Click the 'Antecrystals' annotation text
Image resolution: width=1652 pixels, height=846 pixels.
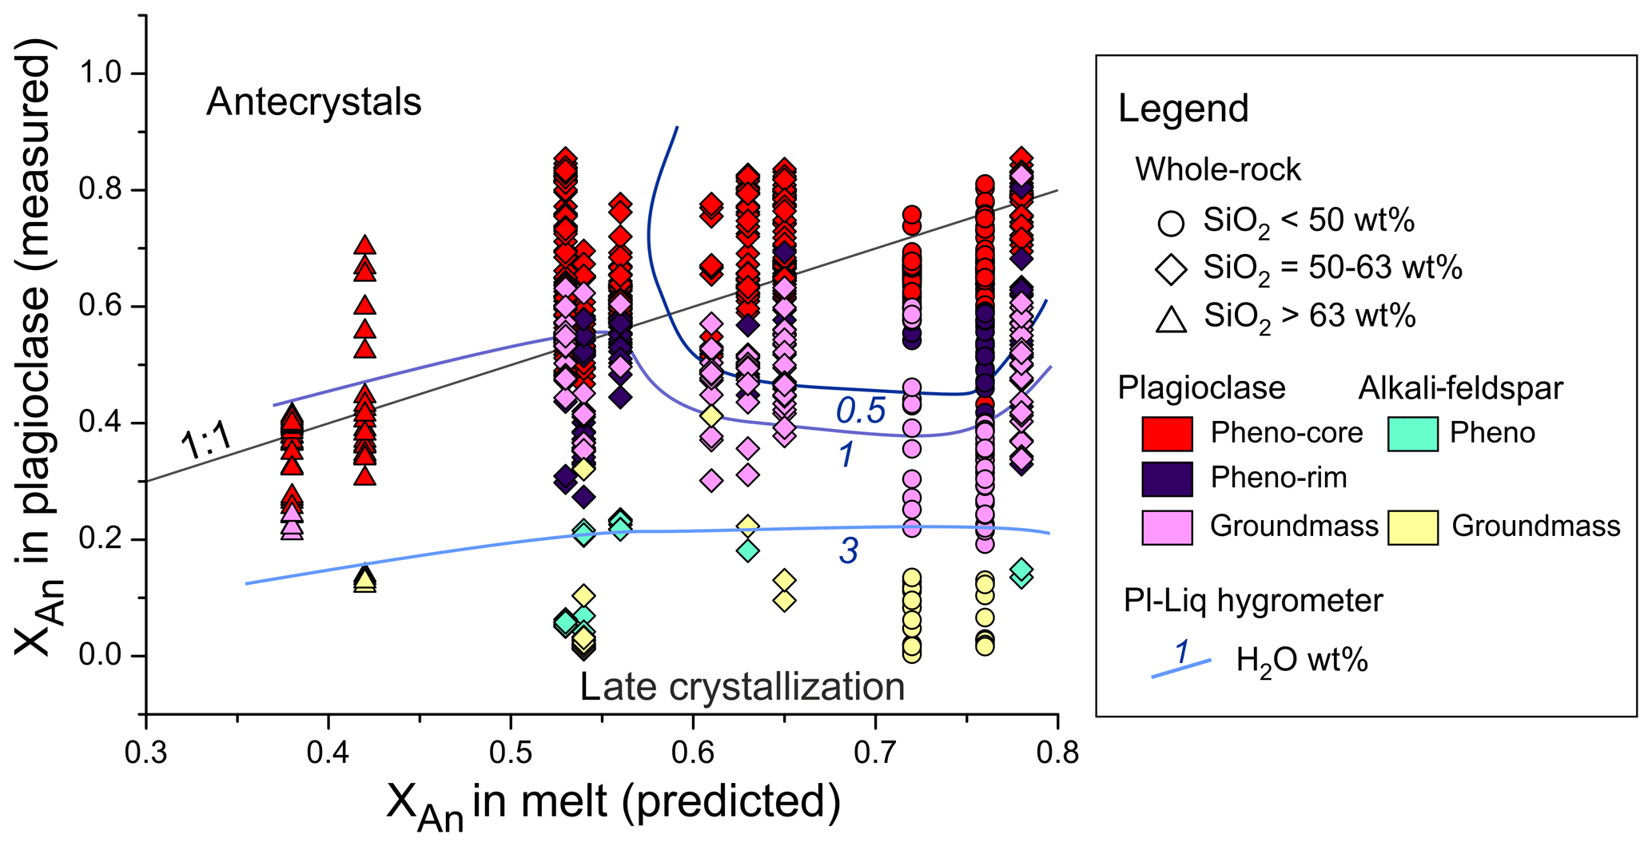[x=313, y=102]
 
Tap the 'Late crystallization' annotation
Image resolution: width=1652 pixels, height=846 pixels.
[x=742, y=687]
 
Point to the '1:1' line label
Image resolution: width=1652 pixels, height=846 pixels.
[x=207, y=440]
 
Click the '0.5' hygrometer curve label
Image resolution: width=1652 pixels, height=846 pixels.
[x=860, y=411]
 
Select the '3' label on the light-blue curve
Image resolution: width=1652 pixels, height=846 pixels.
[x=848, y=550]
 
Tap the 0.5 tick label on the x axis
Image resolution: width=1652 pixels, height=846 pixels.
[x=511, y=753]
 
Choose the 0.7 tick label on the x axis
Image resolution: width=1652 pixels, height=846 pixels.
[x=876, y=753]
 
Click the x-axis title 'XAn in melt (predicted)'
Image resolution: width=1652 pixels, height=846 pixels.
[x=613, y=803]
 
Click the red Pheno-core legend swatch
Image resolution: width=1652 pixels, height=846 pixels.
[x=1167, y=434]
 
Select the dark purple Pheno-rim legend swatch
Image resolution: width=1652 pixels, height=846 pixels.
[x=1167, y=479]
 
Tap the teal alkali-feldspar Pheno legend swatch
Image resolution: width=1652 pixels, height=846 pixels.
[x=1412, y=434]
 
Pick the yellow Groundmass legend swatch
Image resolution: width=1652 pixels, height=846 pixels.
[x=1412, y=527]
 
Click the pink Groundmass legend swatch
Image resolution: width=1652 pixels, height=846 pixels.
[x=1167, y=527]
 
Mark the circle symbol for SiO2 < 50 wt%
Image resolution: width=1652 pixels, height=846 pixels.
[x=1171, y=223]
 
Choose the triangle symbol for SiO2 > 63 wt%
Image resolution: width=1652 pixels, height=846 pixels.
[x=1171, y=319]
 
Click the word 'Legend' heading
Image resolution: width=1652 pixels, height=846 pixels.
[x=1183, y=109]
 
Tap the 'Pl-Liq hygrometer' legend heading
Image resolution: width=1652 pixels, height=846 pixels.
[x=1252, y=601]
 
